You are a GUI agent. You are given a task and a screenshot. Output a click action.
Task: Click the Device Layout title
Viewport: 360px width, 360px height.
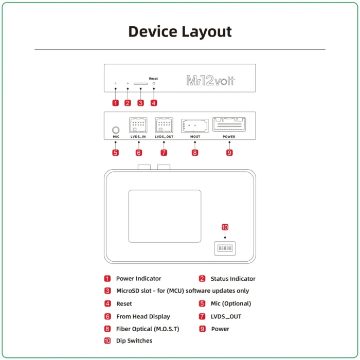point(180,31)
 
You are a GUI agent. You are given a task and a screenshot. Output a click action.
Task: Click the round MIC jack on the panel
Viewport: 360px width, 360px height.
point(116,130)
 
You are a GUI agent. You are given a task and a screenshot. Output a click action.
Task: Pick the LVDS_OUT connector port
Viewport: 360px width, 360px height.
point(164,125)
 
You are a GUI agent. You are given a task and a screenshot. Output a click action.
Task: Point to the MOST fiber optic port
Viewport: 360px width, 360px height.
point(194,126)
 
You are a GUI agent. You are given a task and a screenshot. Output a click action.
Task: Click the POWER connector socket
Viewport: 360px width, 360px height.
point(229,124)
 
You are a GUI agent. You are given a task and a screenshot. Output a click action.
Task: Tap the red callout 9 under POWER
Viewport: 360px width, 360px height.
point(229,153)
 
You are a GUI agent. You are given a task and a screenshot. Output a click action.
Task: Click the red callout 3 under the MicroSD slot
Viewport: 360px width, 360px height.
point(140,102)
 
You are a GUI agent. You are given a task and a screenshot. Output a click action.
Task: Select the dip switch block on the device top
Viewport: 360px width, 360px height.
point(225,248)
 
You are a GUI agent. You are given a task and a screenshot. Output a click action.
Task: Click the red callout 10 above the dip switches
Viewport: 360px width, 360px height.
point(225,227)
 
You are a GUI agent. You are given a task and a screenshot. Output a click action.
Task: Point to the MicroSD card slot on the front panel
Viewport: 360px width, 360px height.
point(140,83)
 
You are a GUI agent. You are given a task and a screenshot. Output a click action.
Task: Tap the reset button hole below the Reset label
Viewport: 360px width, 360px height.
point(153,83)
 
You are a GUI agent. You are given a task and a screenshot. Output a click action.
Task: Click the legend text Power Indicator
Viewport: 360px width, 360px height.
point(138,279)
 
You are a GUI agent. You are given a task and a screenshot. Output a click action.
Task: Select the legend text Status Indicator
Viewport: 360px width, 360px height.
point(232,279)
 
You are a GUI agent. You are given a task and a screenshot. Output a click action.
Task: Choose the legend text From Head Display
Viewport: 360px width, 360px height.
point(143,316)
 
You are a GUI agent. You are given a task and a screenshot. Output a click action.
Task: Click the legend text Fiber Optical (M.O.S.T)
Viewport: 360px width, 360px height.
point(148,329)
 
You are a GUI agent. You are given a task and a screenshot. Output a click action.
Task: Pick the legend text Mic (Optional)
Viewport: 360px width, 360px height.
point(231,303)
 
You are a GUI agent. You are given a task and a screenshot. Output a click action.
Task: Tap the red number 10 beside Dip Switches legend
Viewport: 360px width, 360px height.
point(107,340)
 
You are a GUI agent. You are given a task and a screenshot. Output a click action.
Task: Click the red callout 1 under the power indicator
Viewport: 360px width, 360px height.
point(115,102)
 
